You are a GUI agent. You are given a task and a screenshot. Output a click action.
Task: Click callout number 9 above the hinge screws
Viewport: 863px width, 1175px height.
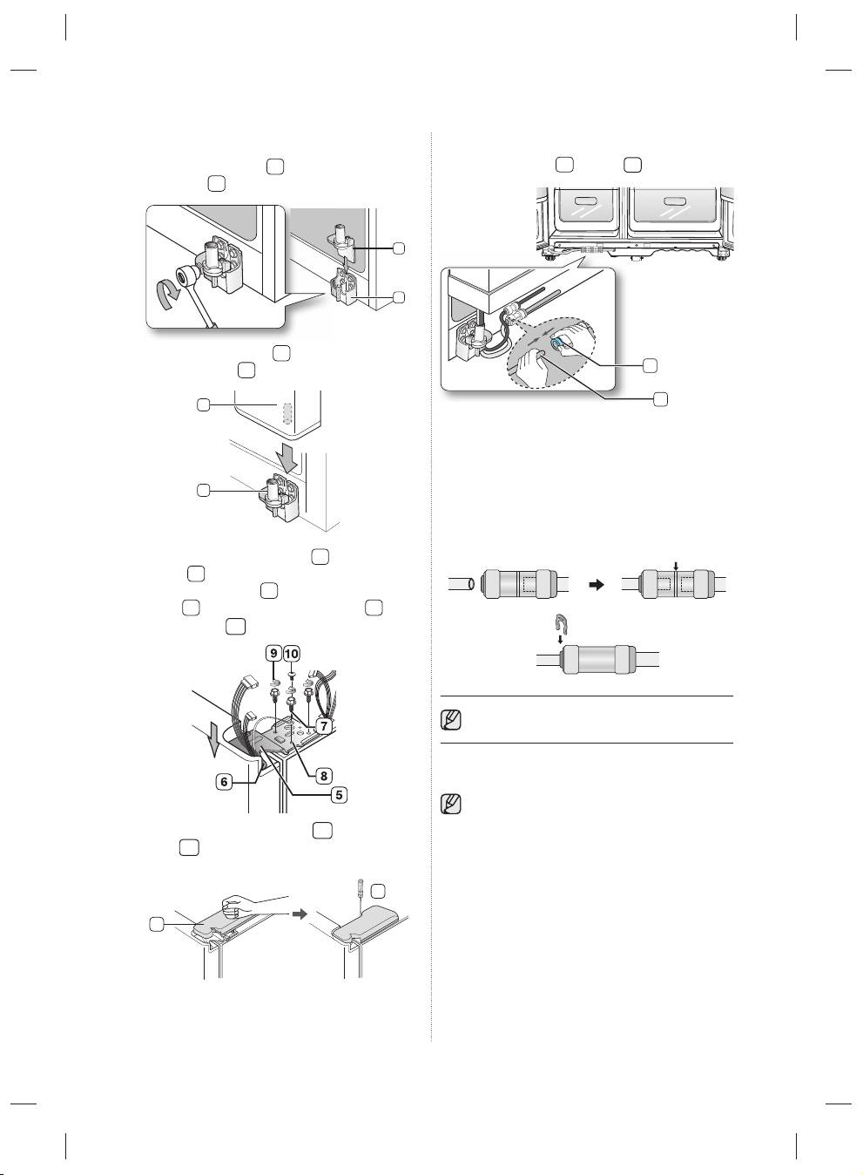(273, 654)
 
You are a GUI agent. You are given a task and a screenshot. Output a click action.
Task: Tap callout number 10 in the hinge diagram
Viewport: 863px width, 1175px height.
(292, 654)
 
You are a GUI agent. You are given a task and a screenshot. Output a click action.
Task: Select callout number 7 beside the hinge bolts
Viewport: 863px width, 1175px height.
(324, 726)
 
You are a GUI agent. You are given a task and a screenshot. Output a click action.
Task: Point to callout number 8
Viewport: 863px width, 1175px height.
(324, 775)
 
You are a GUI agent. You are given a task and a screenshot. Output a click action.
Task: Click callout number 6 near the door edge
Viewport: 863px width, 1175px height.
(224, 782)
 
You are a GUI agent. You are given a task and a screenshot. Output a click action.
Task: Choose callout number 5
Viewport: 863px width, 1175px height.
(339, 795)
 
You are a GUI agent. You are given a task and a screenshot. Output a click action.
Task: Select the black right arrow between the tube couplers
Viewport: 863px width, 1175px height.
(597, 584)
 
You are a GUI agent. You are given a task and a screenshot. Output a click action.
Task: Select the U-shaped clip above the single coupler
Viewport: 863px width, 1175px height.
(560, 623)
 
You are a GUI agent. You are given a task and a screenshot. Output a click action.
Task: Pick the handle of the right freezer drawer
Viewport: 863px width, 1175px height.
(675, 200)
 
